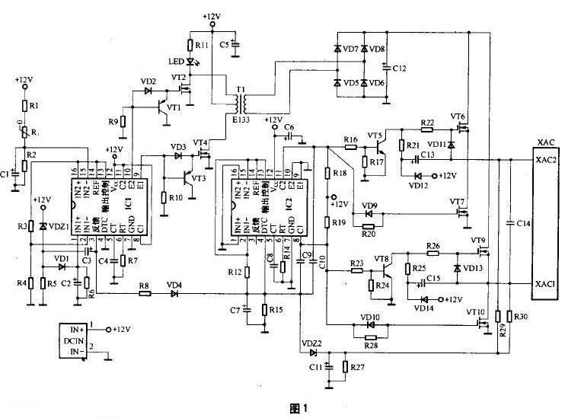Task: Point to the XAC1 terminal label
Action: tap(544, 283)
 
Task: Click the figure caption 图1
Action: tap(299, 408)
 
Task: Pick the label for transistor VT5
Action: tap(375, 136)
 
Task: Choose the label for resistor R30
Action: tap(521, 316)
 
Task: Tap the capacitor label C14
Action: tap(521, 223)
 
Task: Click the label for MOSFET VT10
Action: tap(476, 312)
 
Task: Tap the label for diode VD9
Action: tap(369, 206)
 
